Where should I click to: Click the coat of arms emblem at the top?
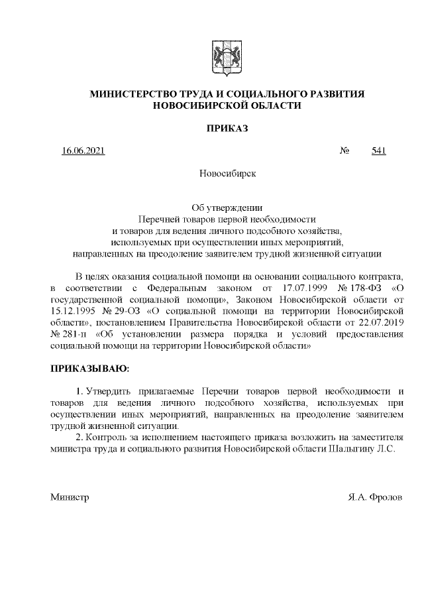[x=222, y=58]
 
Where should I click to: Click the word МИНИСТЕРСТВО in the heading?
[x=133, y=94]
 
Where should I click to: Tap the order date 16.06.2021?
[x=83, y=151]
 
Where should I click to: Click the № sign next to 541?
[x=344, y=151]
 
